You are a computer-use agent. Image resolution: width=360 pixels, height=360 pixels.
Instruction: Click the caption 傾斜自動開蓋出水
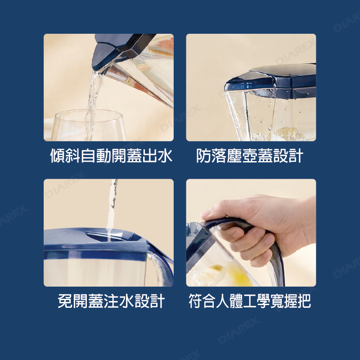111,156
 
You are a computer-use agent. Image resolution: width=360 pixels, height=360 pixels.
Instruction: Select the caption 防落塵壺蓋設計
250,156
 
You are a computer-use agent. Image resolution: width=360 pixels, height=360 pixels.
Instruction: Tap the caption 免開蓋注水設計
111,301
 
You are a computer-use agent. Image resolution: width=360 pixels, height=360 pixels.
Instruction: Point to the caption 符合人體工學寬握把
250,301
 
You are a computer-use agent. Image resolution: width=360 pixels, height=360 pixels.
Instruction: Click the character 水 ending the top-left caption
165,156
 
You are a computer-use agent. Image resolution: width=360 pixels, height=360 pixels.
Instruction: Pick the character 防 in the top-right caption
204,156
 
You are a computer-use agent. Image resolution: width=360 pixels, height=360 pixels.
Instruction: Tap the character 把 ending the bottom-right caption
303,301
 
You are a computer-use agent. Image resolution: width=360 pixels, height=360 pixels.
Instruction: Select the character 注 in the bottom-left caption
111,301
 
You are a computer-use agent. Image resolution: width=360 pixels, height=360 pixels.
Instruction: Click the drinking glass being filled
88,126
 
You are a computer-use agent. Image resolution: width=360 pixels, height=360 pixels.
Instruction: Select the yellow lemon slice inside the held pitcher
239,274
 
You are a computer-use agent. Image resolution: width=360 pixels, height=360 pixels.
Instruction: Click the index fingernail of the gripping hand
206,212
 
